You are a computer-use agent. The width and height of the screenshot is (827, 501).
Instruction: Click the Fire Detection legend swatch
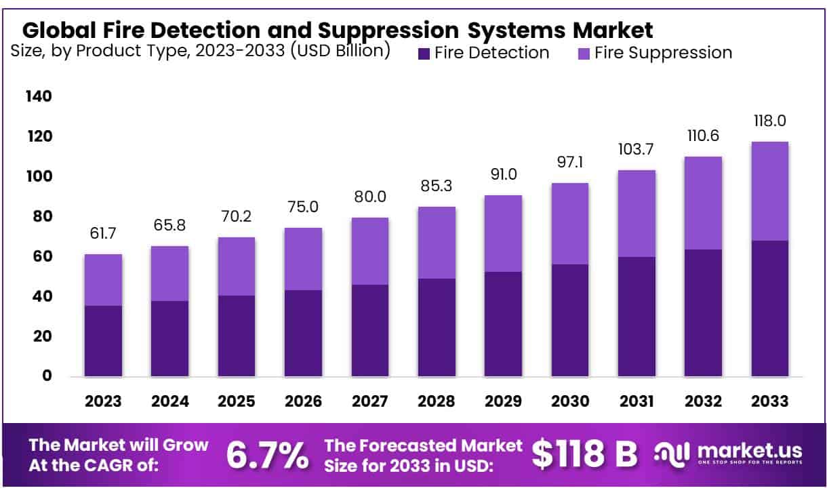pyautogui.click(x=424, y=54)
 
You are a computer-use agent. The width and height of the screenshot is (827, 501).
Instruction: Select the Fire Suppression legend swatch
pyautogui.click(x=584, y=54)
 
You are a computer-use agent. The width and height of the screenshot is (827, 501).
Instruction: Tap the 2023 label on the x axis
pyautogui.click(x=103, y=401)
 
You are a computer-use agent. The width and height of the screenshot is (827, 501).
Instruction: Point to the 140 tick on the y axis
pyautogui.click(x=38, y=97)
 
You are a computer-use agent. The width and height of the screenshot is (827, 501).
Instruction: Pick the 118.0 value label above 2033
pyautogui.click(x=770, y=122)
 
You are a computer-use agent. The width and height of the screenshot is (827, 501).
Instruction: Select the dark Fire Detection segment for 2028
pyautogui.click(x=437, y=327)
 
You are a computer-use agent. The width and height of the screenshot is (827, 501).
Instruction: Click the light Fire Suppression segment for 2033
pyautogui.click(x=770, y=191)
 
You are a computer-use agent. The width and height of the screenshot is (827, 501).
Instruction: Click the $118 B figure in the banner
pyautogui.click(x=584, y=456)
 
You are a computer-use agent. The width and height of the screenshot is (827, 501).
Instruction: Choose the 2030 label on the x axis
pyautogui.click(x=570, y=401)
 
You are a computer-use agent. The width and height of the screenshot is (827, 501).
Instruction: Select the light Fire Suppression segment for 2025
pyautogui.click(x=237, y=266)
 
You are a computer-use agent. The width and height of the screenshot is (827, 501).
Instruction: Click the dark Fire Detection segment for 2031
pyautogui.click(x=637, y=317)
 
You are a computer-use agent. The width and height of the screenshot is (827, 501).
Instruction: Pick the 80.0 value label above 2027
pyautogui.click(x=370, y=198)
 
